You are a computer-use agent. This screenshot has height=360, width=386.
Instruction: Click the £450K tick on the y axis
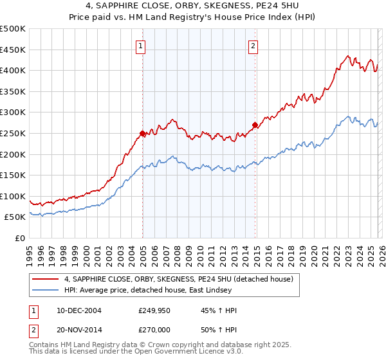coord(13,50)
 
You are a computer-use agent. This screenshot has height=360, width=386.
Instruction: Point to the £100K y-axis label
coord(13,196)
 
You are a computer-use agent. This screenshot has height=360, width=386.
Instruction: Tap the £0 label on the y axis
coord(21,239)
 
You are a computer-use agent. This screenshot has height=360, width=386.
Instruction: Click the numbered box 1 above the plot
coord(140,46)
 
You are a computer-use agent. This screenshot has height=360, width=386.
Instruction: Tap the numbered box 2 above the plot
coord(253,46)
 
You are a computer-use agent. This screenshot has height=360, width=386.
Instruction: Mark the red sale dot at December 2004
coord(142,133)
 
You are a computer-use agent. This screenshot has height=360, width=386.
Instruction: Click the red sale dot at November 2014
coord(255,125)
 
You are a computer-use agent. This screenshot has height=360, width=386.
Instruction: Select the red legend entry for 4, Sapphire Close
coord(178,279)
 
